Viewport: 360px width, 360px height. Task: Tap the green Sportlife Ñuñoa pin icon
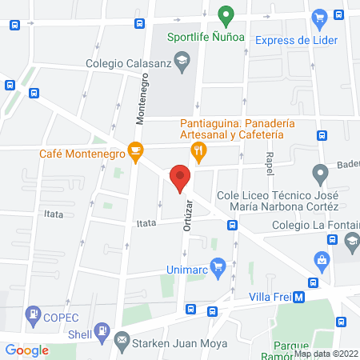pyautogui.click(x=226, y=14)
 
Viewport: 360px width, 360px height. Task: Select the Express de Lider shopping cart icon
pyautogui.click(x=319, y=17)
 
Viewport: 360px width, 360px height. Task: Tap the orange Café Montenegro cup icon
pyautogui.click(x=136, y=150)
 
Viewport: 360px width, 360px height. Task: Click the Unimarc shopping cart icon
pyautogui.click(x=216, y=266)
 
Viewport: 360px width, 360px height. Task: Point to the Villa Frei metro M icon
pyautogui.click(x=298, y=297)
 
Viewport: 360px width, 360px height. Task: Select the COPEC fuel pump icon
pyautogui.click(x=34, y=314)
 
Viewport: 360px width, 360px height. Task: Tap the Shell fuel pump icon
pyautogui.click(x=102, y=330)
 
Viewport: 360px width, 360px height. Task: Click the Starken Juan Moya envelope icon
pyautogui.click(x=122, y=341)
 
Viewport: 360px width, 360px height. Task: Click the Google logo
pyautogui.click(x=27, y=350)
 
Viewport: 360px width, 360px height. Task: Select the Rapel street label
pyautogui.click(x=270, y=165)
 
